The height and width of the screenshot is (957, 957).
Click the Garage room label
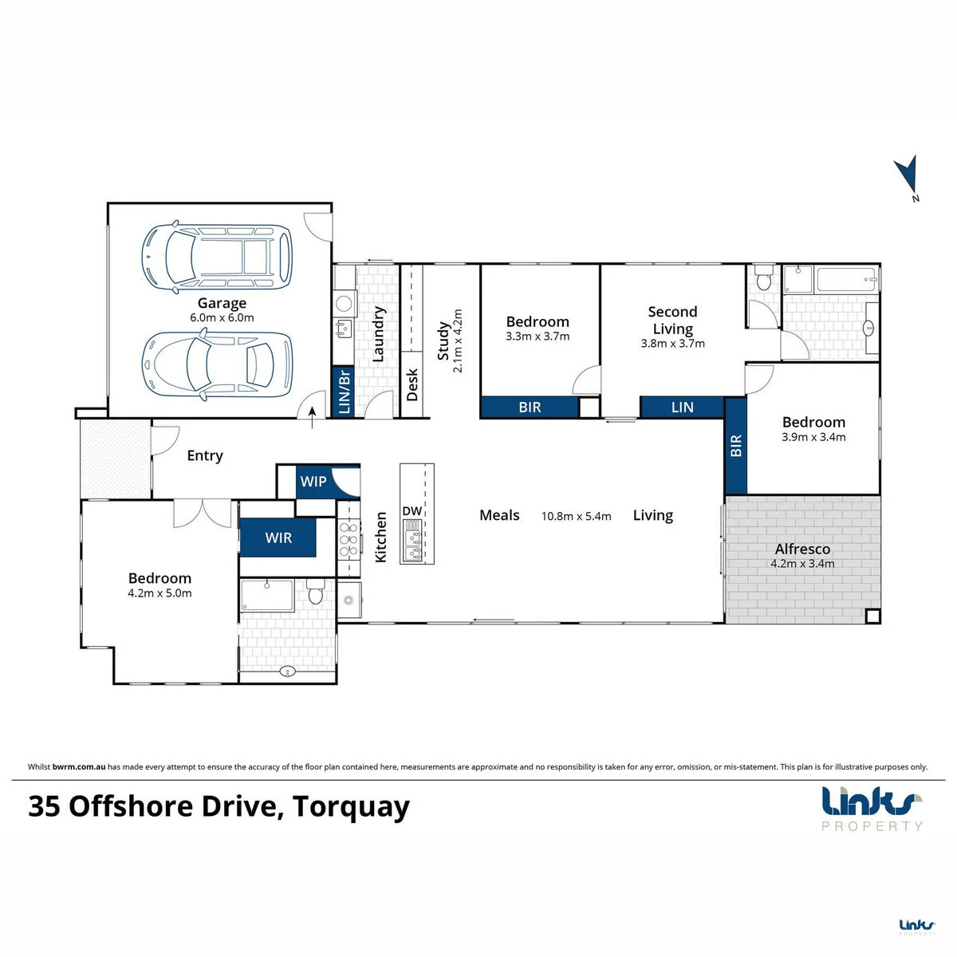[x=222, y=303]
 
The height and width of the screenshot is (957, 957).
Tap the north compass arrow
[x=908, y=178]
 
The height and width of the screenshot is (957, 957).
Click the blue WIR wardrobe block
[x=278, y=538]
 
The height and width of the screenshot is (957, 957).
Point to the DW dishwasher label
[x=412, y=510]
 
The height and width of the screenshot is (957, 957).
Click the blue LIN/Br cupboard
[x=344, y=392]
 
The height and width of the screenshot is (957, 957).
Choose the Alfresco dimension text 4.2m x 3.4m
[x=802, y=564]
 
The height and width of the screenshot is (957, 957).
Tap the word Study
[x=443, y=341]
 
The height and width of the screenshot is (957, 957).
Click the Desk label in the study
[x=412, y=384]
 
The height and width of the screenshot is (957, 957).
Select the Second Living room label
[x=672, y=320]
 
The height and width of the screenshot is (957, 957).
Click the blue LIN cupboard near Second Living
[x=682, y=408]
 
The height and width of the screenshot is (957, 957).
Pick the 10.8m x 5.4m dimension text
[x=576, y=516]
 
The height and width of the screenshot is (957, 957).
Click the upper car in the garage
[x=217, y=258]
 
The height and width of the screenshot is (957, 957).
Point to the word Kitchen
[x=380, y=538]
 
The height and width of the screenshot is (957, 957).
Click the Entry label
[x=205, y=455]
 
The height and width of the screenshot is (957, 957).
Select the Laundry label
[x=379, y=333]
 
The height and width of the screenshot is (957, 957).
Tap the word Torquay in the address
[x=351, y=807]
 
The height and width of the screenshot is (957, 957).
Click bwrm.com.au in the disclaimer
[x=79, y=766]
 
